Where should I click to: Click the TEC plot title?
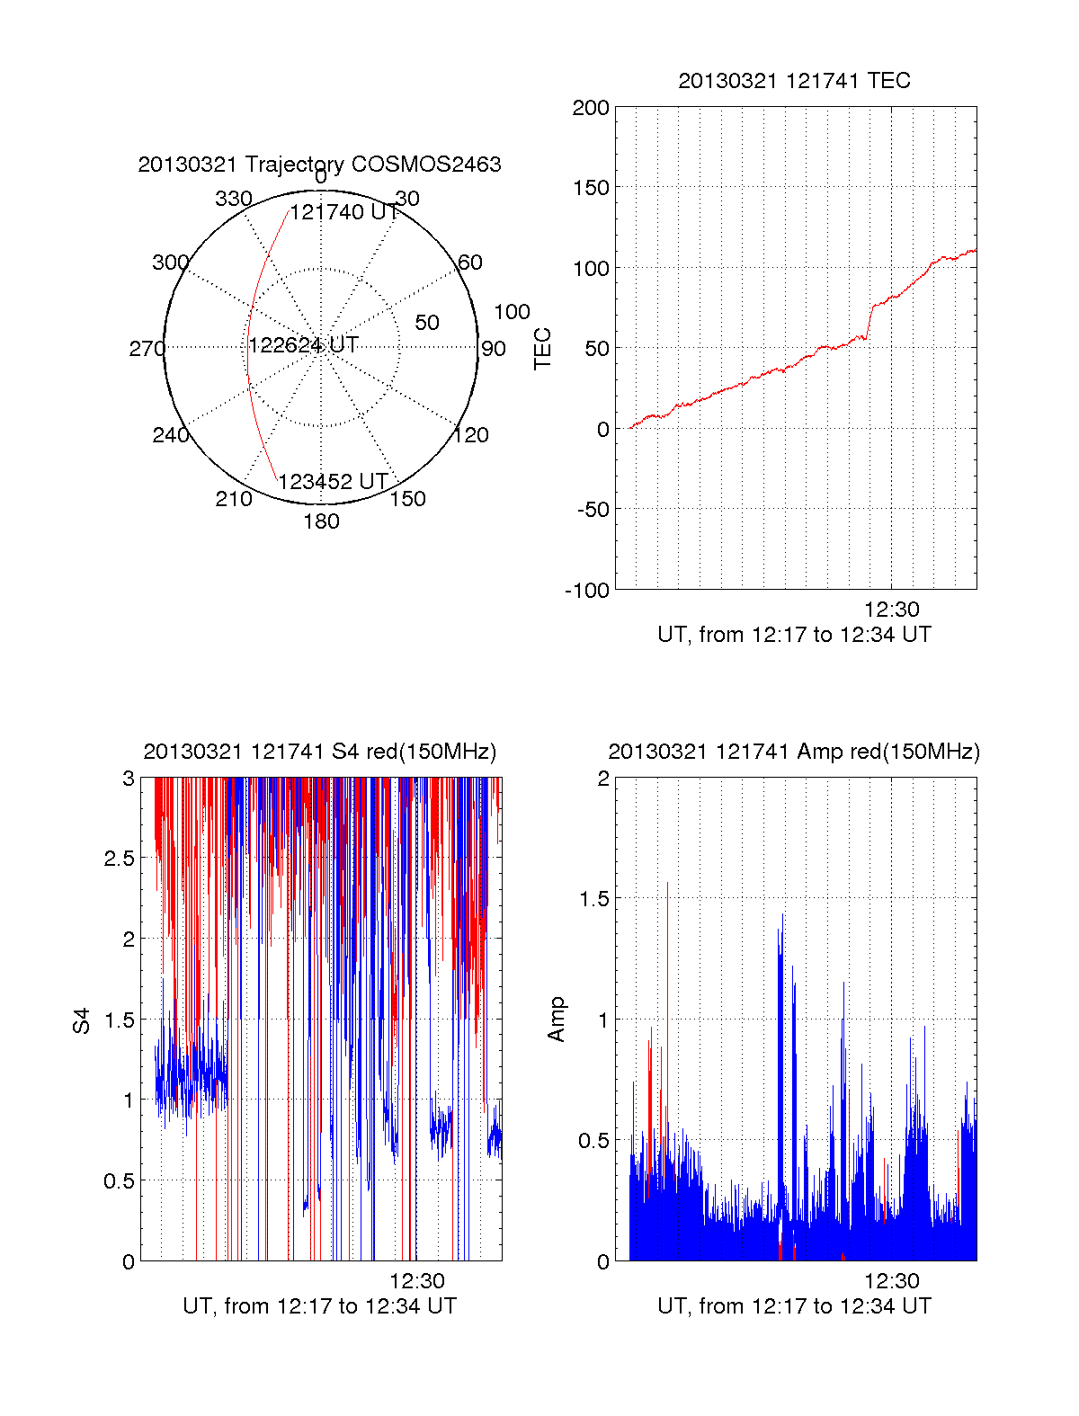tap(794, 81)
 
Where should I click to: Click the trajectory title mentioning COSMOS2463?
tap(319, 165)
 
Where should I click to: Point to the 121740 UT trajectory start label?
tap(344, 212)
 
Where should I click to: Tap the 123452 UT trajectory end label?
tap(333, 482)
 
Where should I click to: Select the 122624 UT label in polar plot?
tap(303, 344)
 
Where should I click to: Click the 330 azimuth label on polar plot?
tap(233, 199)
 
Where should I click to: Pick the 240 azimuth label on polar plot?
tap(170, 435)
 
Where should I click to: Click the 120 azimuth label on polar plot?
tap(471, 435)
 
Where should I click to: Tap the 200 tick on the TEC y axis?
tap(591, 108)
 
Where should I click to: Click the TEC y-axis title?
tap(542, 348)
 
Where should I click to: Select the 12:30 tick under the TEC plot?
tap(891, 610)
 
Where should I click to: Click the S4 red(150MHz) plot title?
tap(319, 752)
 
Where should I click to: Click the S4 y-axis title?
tap(82, 1020)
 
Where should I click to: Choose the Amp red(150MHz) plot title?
tap(794, 752)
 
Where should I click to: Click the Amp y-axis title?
tap(557, 1019)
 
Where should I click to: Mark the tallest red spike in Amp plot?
tap(667, 886)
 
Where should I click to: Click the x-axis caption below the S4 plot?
tap(319, 1305)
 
